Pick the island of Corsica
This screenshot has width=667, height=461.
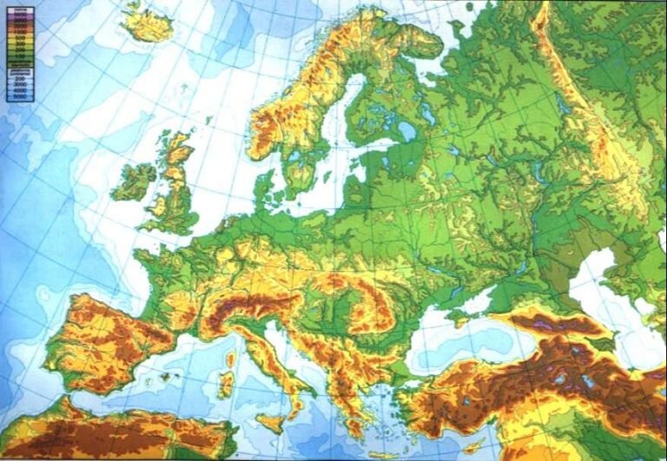click(230, 358)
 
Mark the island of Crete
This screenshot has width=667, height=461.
click(382, 453)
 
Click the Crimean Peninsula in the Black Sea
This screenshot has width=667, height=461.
click(470, 304)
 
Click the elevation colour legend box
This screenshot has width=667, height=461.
click(18, 51)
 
